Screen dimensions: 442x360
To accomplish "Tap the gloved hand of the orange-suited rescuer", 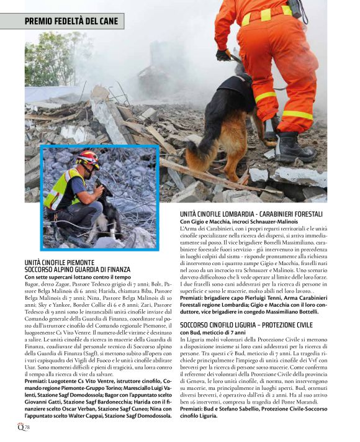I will [x=223, y=55].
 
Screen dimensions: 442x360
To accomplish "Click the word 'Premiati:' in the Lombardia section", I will [x=192, y=298].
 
